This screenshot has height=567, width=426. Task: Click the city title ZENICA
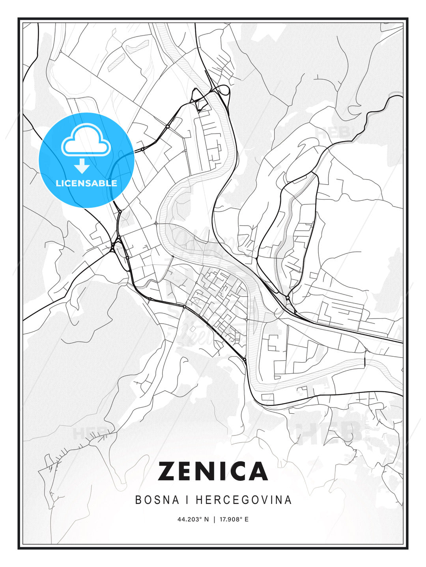(x=213, y=471)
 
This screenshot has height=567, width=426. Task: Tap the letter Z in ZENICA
(x=167, y=471)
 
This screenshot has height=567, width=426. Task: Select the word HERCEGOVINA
(x=244, y=500)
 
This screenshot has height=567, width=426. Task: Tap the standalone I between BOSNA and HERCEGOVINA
(x=185, y=500)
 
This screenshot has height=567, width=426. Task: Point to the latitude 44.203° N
(x=193, y=519)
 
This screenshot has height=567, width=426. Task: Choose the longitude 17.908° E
(x=233, y=519)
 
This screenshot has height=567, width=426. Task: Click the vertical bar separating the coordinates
(x=214, y=519)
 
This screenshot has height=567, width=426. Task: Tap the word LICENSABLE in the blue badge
(x=86, y=183)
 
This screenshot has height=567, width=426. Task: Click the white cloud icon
(x=85, y=141)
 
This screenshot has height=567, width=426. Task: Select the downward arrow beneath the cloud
(x=82, y=166)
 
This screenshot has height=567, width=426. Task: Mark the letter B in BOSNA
(x=138, y=500)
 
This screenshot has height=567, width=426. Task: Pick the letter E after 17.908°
(x=247, y=519)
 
